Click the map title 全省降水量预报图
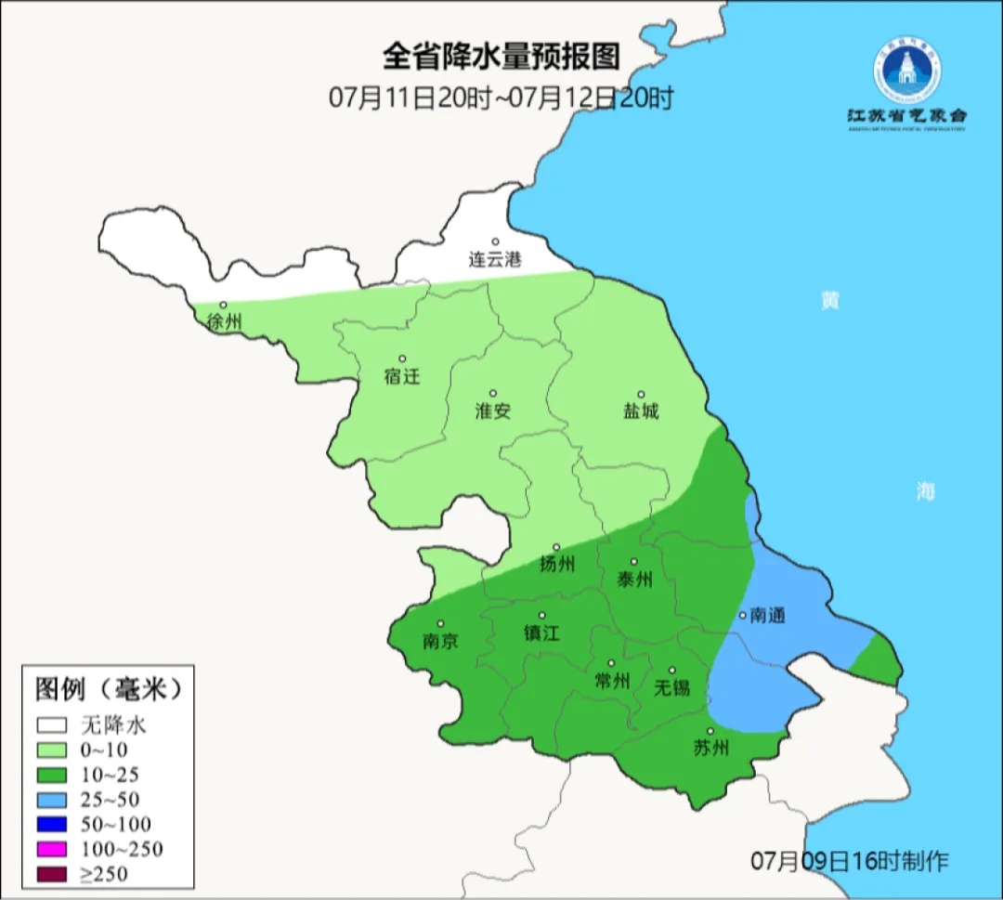coord(501,58)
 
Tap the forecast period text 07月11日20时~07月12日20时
coord(501,98)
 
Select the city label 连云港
coord(495,260)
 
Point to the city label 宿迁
coord(402,376)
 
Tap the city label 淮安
coord(493,411)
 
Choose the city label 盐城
coord(641,411)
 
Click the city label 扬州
coord(557,564)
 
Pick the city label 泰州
coord(634,580)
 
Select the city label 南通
coord(768,616)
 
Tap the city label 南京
coord(440,642)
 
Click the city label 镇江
coord(542,633)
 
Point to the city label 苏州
coord(711,748)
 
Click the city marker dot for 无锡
coord(672,671)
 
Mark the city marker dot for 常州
coord(611,663)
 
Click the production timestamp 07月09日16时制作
coord(850,861)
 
